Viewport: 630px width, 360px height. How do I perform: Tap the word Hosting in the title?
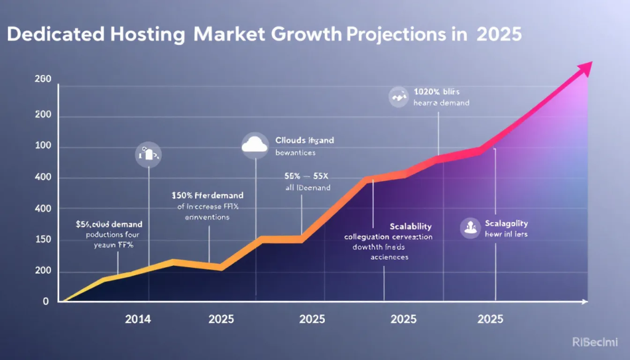coord(154,34)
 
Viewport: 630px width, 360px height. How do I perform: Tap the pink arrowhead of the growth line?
coord(584,68)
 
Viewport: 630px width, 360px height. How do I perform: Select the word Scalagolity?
coord(506,223)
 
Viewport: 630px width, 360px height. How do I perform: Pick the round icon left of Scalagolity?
coord(471,228)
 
